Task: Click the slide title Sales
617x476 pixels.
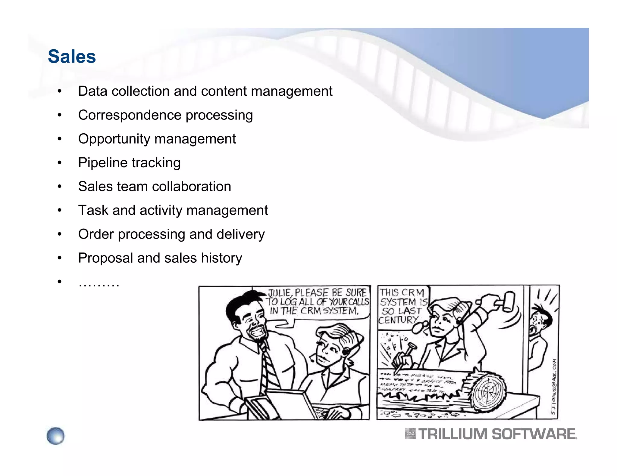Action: [72, 57]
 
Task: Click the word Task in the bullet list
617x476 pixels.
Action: [93, 210]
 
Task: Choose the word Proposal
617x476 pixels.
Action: [105, 258]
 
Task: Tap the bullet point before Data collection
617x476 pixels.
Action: [60, 91]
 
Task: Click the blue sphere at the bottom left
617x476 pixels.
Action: [56, 436]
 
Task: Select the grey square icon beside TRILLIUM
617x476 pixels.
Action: [410, 434]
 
